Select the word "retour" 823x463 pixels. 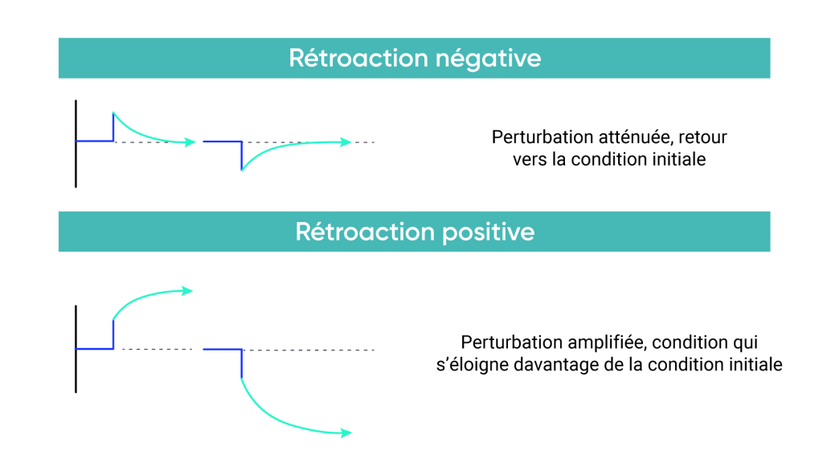tap(704, 137)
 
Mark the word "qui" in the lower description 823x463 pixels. tap(745, 342)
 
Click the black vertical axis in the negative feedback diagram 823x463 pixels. tap(76, 144)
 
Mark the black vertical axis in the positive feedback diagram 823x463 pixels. tap(76, 349)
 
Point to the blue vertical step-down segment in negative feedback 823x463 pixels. tap(241, 155)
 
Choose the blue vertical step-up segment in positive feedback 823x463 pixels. tap(113, 334)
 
